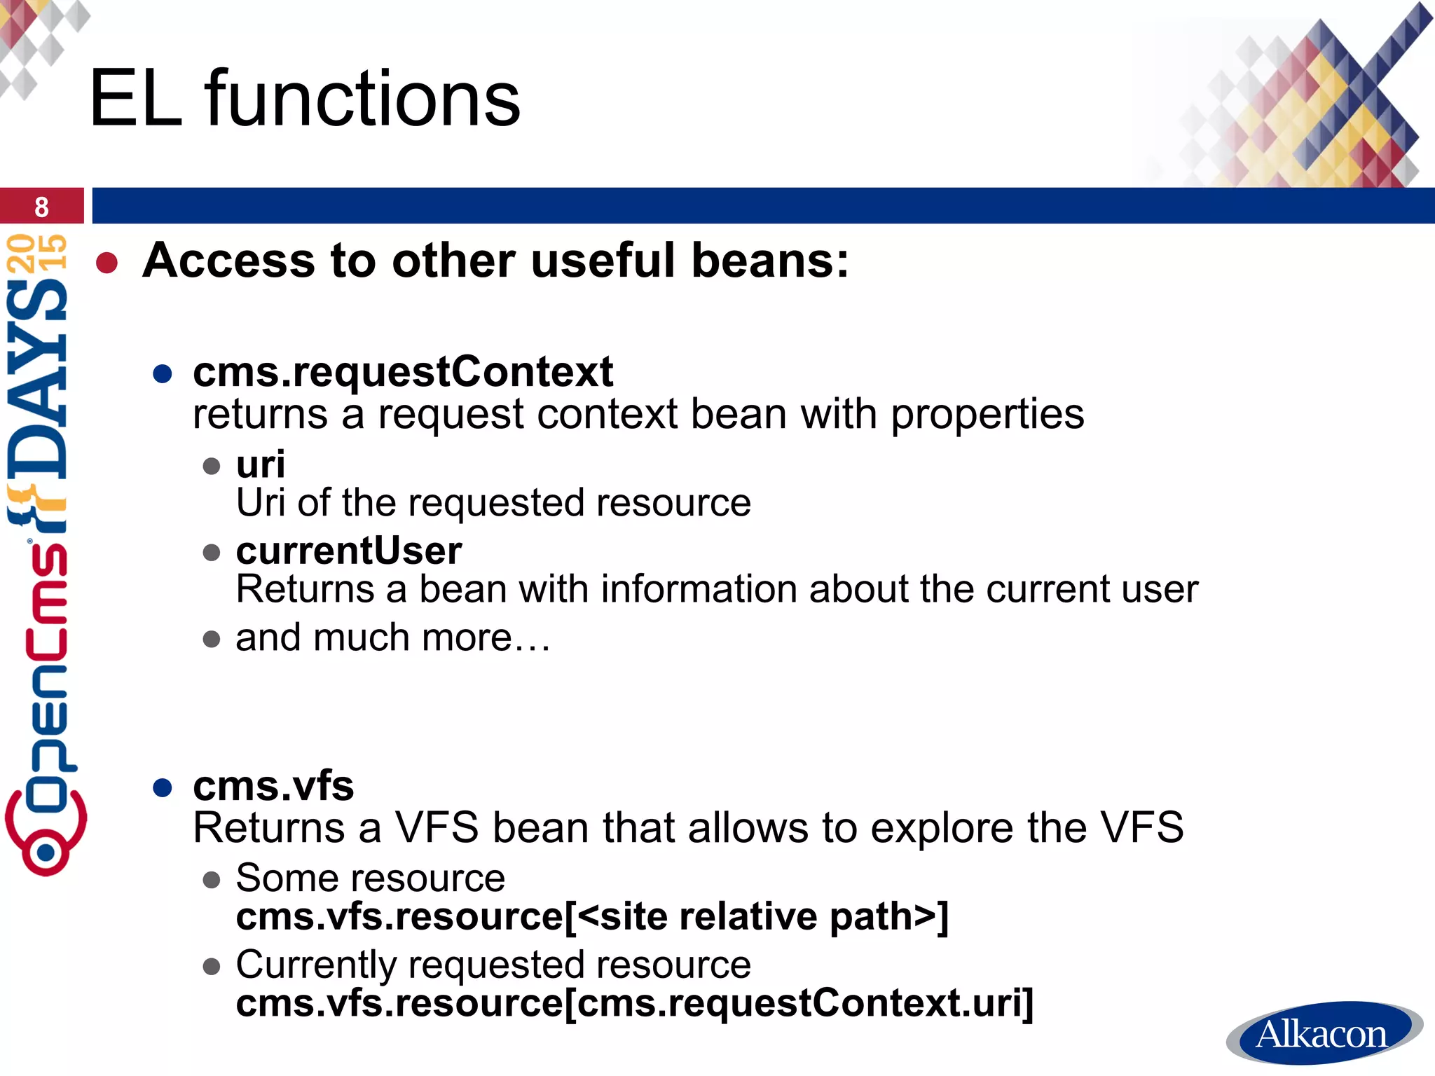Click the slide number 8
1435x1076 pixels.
coord(41,207)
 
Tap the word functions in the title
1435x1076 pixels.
coord(362,99)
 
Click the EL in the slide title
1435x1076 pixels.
coord(135,99)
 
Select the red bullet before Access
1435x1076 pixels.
coord(107,263)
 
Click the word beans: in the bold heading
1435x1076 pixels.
coord(770,261)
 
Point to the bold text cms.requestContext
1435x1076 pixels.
coord(403,371)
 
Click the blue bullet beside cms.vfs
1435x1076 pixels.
coord(163,788)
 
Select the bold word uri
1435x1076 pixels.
coord(261,464)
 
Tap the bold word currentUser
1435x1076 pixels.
coord(349,551)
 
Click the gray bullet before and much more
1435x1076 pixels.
coord(211,639)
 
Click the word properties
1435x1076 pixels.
coord(987,414)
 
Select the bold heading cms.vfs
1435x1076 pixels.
coord(273,786)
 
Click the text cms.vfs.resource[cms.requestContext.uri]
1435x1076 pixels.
coord(634,1003)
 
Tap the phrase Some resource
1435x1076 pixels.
coord(370,878)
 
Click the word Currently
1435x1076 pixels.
coord(316,965)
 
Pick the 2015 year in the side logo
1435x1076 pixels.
coord(39,252)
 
